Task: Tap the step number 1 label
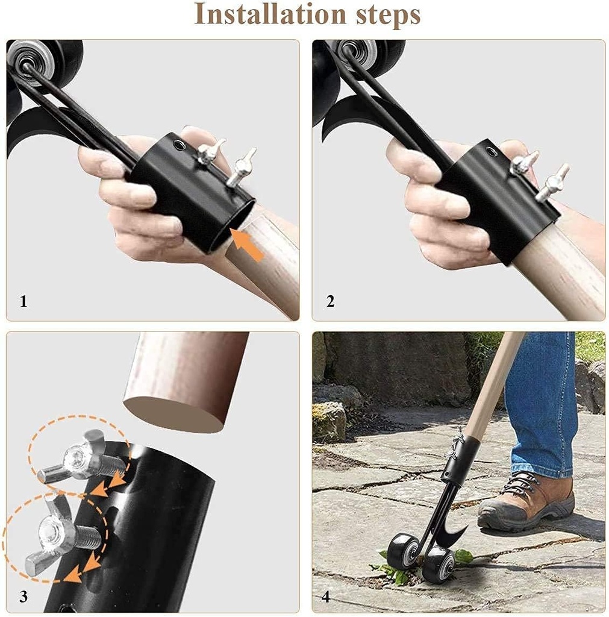click(x=23, y=301)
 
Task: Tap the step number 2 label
click(x=330, y=301)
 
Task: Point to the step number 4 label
click(x=326, y=597)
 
